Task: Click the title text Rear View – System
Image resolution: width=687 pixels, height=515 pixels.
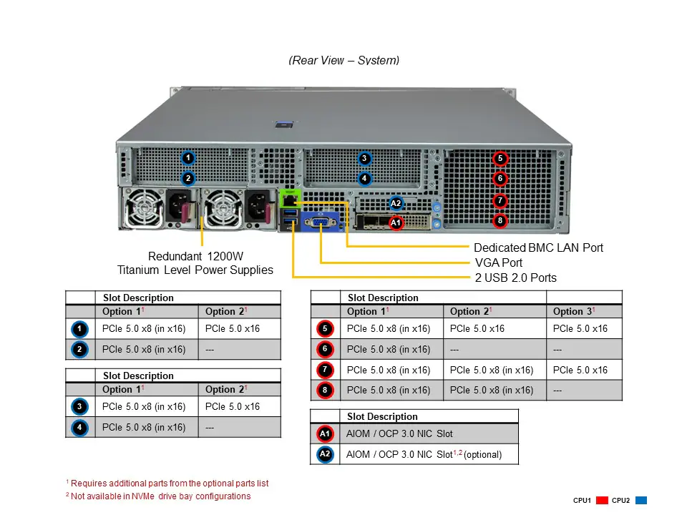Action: [343, 60]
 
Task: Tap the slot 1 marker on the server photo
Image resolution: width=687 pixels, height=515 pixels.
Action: [187, 157]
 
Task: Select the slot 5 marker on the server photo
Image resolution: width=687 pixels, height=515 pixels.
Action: [500, 158]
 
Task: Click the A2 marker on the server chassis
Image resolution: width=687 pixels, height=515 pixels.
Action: [396, 203]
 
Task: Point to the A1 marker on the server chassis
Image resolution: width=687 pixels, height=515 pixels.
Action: [396, 223]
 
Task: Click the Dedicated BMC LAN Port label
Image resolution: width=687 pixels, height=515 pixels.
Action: [538, 247]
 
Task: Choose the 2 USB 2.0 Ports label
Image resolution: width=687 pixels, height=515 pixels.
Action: [515, 278]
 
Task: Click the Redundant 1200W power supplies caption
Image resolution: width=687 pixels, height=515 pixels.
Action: [195, 263]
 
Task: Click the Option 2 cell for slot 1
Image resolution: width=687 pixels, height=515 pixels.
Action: [233, 329]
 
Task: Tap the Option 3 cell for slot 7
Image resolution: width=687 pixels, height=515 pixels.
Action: [580, 370]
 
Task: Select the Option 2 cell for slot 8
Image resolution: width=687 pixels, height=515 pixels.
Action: [492, 390]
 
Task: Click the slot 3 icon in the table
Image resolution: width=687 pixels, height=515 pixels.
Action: [80, 407]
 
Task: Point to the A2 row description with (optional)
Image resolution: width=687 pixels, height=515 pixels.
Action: [424, 454]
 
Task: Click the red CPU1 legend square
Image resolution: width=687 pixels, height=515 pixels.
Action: [602, 500]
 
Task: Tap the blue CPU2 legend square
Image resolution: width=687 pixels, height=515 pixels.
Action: [641, 500]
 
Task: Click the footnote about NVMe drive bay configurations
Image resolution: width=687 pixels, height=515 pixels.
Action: [158, 496]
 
